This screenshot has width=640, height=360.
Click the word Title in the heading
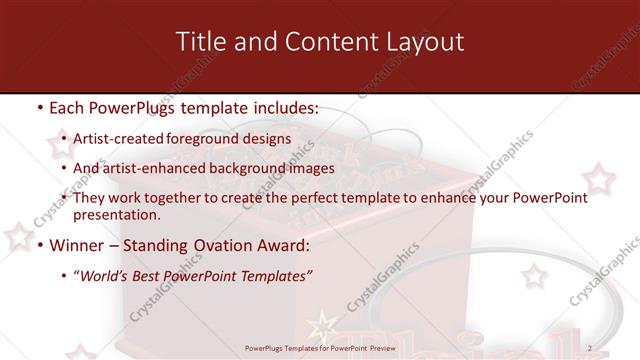click(x=198, y=42)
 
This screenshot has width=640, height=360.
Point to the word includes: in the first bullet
click(x=283, y=107)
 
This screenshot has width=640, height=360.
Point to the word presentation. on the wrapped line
click(x=116, y=214)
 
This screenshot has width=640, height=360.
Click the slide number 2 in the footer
click(x=590, y=348)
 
